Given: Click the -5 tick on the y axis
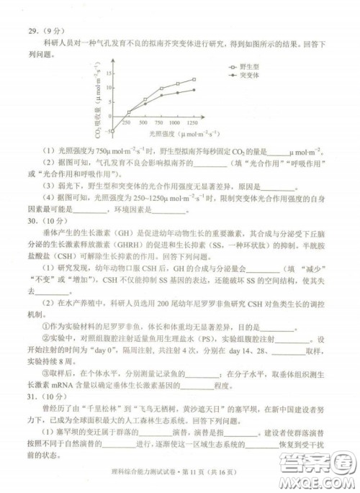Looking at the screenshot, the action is [106, 132].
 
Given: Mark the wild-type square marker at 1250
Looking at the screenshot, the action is [193, 79].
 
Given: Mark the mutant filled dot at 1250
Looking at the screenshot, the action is [193, 90].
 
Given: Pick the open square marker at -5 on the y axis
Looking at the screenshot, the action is [112, 132].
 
